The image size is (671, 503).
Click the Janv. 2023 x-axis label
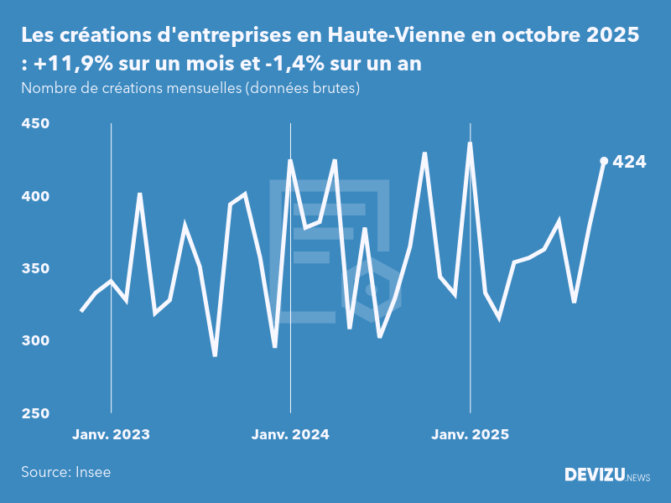coord(111,435)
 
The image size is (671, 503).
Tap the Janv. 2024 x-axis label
coord(290,435)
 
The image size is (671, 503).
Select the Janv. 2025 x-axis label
coord(470,435)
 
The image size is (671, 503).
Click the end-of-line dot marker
coord(604,161)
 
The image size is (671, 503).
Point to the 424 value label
coord(630,162)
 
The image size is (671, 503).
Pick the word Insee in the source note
coord(91,472)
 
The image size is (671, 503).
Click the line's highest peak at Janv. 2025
coord(470,143)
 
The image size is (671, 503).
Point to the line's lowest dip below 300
coord(215,355)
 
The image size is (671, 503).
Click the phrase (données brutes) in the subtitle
coord(301,88)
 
